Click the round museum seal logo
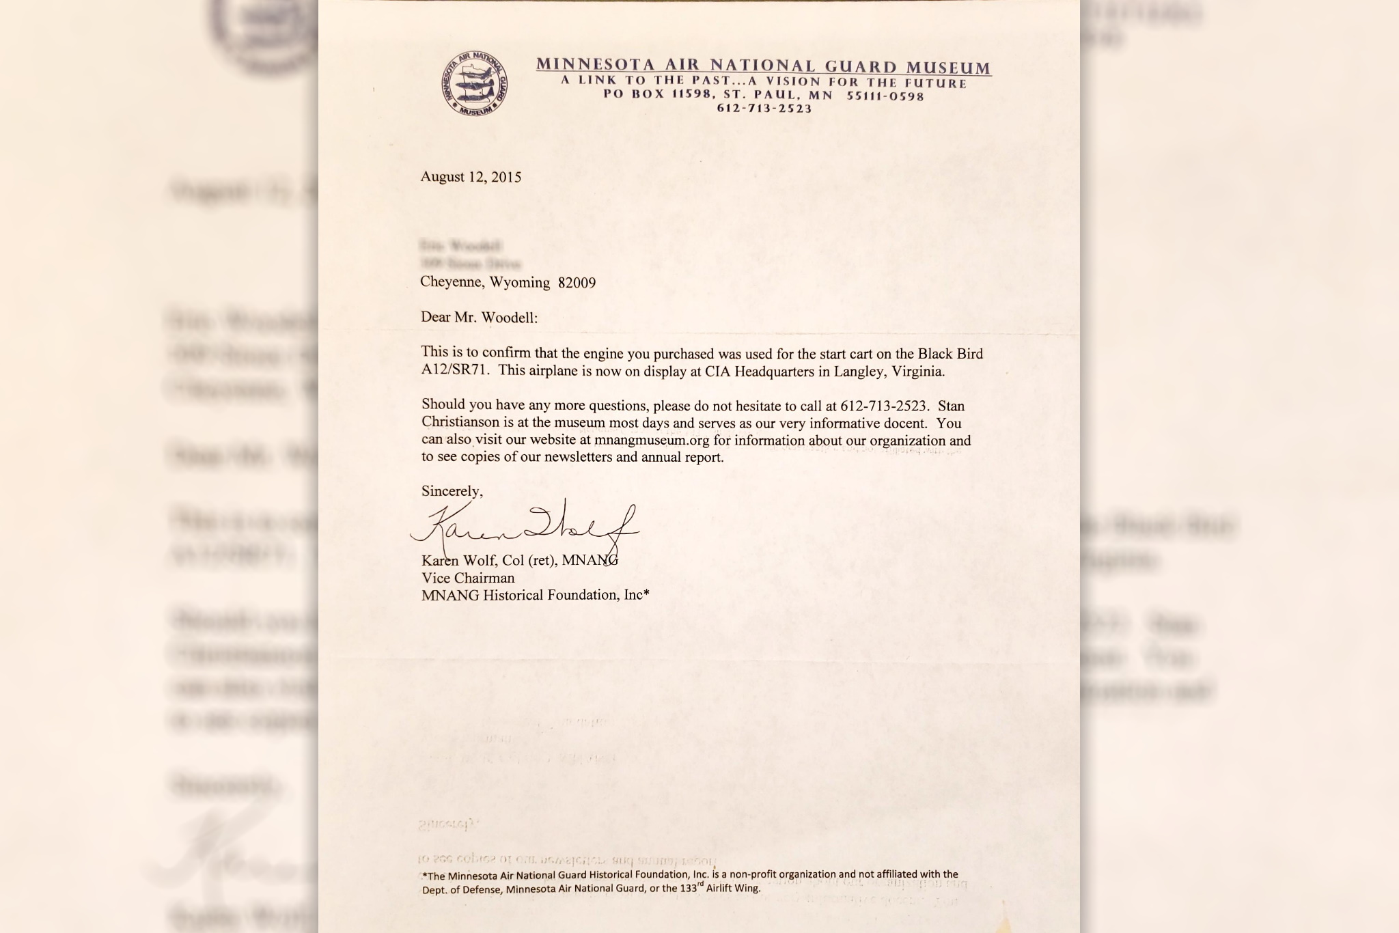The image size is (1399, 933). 474,83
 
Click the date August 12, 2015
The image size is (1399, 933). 471,177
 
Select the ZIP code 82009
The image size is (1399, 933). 577,283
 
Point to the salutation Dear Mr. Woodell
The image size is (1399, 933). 479,318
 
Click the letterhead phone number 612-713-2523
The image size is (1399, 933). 764,109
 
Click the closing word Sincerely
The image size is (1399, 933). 452,491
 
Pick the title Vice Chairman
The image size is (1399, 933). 468,578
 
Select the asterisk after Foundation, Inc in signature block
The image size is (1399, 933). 646,594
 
